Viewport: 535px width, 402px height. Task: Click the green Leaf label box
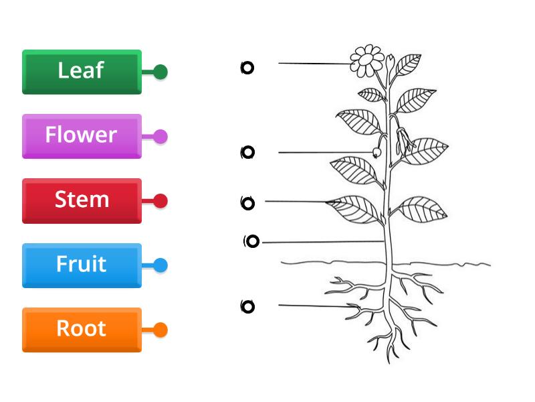82,71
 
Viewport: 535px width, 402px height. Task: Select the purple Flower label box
82,136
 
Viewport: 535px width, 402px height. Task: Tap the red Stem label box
82,200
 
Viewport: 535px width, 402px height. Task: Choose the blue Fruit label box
82,265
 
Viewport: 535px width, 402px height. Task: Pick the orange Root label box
82,329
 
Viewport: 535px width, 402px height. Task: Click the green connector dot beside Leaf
160,72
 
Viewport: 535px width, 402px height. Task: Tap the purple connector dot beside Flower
160,137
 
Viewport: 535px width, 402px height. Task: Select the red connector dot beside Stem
160,201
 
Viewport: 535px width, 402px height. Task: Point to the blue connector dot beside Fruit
160,265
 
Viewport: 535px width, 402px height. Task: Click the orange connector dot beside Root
160,330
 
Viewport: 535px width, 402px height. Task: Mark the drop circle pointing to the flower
247,67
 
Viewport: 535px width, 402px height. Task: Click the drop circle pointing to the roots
247,307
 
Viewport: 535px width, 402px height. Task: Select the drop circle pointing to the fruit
247,153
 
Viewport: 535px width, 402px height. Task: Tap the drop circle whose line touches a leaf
247,203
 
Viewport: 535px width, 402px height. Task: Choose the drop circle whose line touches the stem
252,242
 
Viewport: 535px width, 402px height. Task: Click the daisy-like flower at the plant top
366,61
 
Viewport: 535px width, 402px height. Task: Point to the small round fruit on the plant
377,153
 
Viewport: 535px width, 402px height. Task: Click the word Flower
81,135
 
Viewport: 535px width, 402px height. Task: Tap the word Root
81,328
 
